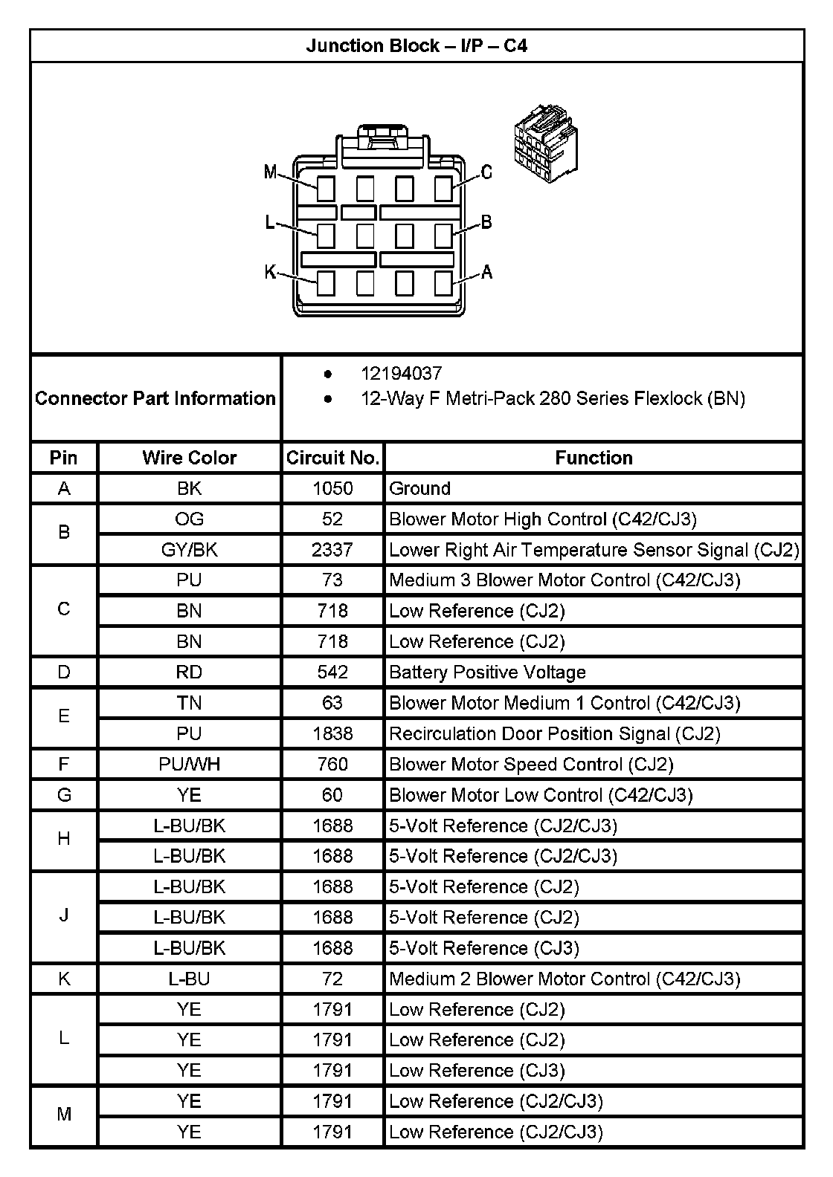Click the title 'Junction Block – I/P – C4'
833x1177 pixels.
(416, 46)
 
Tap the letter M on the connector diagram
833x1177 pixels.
(271, 173)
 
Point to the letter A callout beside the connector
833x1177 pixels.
(487, 272)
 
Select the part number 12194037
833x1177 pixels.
(401, 373)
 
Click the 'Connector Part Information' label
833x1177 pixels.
(155, 398)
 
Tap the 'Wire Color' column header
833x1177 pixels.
(189, 458)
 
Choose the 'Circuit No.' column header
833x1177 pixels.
(332, 458)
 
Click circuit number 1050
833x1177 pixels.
(332, 488)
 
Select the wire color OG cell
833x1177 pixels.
(189, 519)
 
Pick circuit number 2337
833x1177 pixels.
(332, 550)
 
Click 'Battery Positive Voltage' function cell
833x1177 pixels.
(487, 672)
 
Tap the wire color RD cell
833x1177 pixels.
(189, 672)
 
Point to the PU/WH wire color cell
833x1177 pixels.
(189, 765)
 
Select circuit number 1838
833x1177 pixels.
(332, 734)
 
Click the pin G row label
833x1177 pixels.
(64, 795)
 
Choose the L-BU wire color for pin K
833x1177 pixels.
(189, 979)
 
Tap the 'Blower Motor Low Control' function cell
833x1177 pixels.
(541, 795)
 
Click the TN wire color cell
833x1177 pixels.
(189, 703)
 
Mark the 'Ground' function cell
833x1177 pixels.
(419, 488)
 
